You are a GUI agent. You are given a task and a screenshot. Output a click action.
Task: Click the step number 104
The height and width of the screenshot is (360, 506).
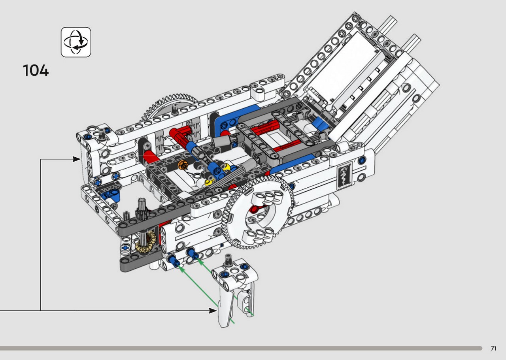(x=36, y=70)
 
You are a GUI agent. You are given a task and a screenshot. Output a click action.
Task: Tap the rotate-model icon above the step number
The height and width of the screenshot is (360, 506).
(x=76, y=42)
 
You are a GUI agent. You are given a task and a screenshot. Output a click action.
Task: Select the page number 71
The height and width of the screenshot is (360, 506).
(x=494, y=348)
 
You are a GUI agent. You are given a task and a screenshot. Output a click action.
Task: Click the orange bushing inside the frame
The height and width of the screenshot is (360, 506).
(x=183, y=165)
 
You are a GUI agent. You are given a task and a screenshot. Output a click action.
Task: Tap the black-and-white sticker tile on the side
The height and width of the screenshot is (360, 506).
(x=344, y=175)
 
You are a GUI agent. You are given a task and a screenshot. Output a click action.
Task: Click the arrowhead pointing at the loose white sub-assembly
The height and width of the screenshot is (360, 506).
(x=213, y=311)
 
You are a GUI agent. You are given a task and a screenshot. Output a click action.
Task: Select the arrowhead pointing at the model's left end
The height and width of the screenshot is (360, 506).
(x=76, y=159)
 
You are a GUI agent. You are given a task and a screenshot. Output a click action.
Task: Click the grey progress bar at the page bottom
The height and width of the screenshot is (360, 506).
(x=241, y=348)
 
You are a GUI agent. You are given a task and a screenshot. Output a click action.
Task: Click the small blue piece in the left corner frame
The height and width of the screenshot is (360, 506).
(x=110, y=195)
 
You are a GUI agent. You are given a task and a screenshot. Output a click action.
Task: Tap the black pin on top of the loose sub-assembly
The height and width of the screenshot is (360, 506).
(x=228, y=260)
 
